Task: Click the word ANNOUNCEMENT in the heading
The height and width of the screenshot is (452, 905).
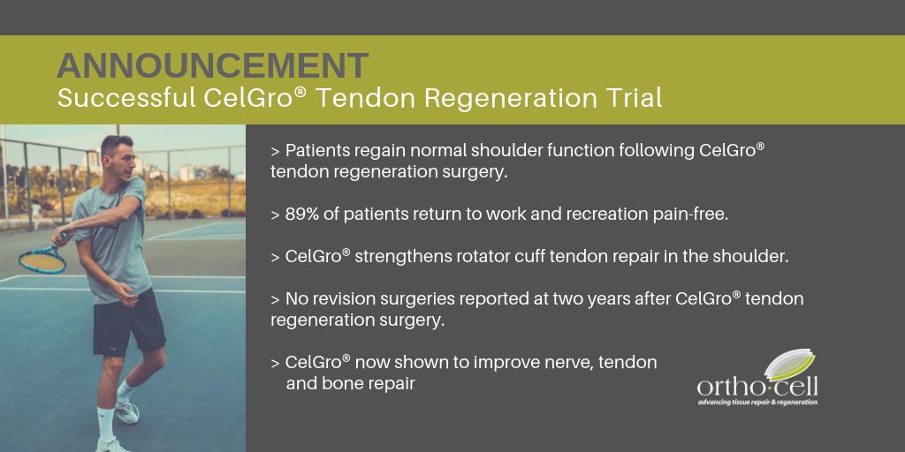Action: pyautogui.click(x=212, y=65)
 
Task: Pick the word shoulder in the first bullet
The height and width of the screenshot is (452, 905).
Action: pyautogui.click(x=482, y=150)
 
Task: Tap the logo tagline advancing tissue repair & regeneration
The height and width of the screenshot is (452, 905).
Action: pyautogui.click(x=757, y=403)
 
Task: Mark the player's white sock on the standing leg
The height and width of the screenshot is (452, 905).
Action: pyautogui.click(x=106, y=418)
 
